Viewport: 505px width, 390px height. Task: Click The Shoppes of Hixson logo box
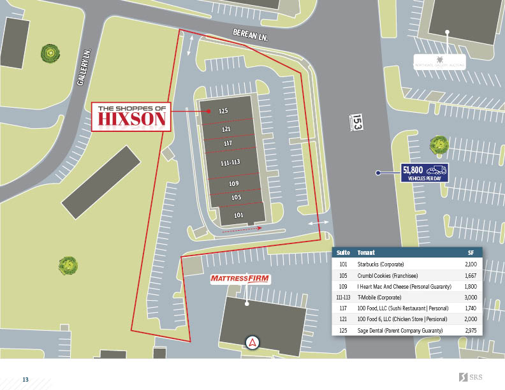tap(131, 117)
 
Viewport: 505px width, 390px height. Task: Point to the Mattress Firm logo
tap(241, 279)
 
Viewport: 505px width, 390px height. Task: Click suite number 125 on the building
tap(223, 111)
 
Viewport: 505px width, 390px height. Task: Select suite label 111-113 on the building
tap(230, 163)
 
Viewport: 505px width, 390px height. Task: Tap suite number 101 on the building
tap(238, 215)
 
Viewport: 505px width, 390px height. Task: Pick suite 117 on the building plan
tap(228, 143)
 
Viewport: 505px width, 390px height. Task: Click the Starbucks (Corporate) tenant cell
tap(381, 264)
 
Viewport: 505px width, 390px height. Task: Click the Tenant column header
tap(366, 252)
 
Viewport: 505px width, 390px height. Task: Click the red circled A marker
tap(252, 342)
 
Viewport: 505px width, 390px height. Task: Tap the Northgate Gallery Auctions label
tap(440, 64)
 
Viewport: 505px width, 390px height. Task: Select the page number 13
tap(26, 380)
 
